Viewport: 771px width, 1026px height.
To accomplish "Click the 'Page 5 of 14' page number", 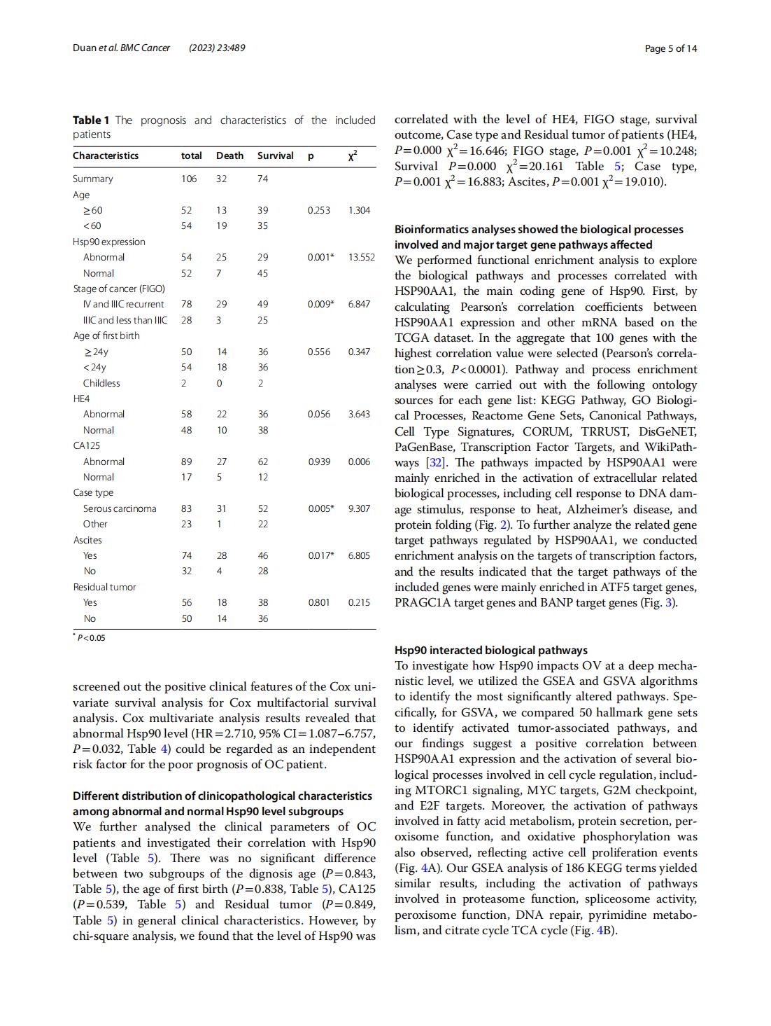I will click(x=670, y=48).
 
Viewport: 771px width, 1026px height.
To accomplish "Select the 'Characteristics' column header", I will click(x=106, y=155).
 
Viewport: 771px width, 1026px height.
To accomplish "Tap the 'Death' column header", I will click(x=229, y=155).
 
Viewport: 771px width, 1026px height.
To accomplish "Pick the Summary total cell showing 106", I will click(x=189, y=179).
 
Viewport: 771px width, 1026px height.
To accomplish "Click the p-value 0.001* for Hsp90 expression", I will click(x=320, y=257).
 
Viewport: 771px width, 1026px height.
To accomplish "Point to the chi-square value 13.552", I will click(x=361, y=257).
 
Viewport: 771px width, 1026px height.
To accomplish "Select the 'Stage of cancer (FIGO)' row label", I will click(x=119, y=289).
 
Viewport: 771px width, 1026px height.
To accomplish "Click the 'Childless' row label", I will click(x=101, y=383).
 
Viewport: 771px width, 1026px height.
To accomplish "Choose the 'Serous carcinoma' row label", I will click(x=120, y=508).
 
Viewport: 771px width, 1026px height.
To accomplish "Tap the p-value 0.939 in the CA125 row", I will click(x=318, y=462).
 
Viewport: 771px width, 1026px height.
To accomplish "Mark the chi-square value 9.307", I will click(x=359, y=508).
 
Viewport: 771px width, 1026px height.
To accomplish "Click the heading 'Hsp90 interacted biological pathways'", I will click(x=490, y=650).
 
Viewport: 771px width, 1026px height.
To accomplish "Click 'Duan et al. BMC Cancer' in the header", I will click(x=121, y=48).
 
